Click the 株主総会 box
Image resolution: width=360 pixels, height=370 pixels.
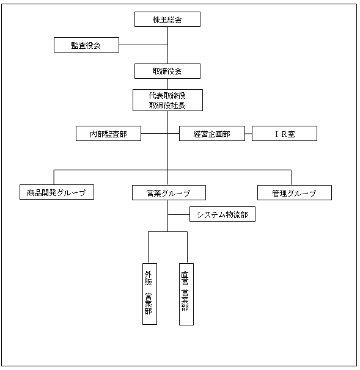[167, 19]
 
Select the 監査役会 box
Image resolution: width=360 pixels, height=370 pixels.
[86, 45]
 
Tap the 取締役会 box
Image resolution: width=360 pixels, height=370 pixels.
[167, 71]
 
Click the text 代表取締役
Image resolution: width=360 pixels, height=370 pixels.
[167, 96]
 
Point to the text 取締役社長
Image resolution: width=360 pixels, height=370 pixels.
[167, 105]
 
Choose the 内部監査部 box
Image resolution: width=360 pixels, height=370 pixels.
[108, 134]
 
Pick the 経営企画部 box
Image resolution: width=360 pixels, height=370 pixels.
[212, 134]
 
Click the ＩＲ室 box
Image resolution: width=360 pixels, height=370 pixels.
[284, 134]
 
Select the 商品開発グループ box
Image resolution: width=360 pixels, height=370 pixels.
[57, 192]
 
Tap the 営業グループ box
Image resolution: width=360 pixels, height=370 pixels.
[169, 193]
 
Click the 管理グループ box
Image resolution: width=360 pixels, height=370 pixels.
[295, 193]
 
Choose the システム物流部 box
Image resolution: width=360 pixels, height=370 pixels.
[222, 214]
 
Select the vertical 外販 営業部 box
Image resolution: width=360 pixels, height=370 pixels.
[150, 294]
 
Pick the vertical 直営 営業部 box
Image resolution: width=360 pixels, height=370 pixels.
[186, 294]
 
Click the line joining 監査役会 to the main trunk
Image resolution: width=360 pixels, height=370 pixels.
[144, 45]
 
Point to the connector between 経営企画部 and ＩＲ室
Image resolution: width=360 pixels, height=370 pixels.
[248, 134]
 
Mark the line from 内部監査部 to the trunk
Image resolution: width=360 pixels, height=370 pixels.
[154, 134]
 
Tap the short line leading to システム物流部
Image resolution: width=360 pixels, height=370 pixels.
[178, 214]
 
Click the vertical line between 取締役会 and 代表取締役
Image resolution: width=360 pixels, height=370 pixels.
[167, 84]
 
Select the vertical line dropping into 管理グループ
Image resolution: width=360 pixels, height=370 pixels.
[292, 178]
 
